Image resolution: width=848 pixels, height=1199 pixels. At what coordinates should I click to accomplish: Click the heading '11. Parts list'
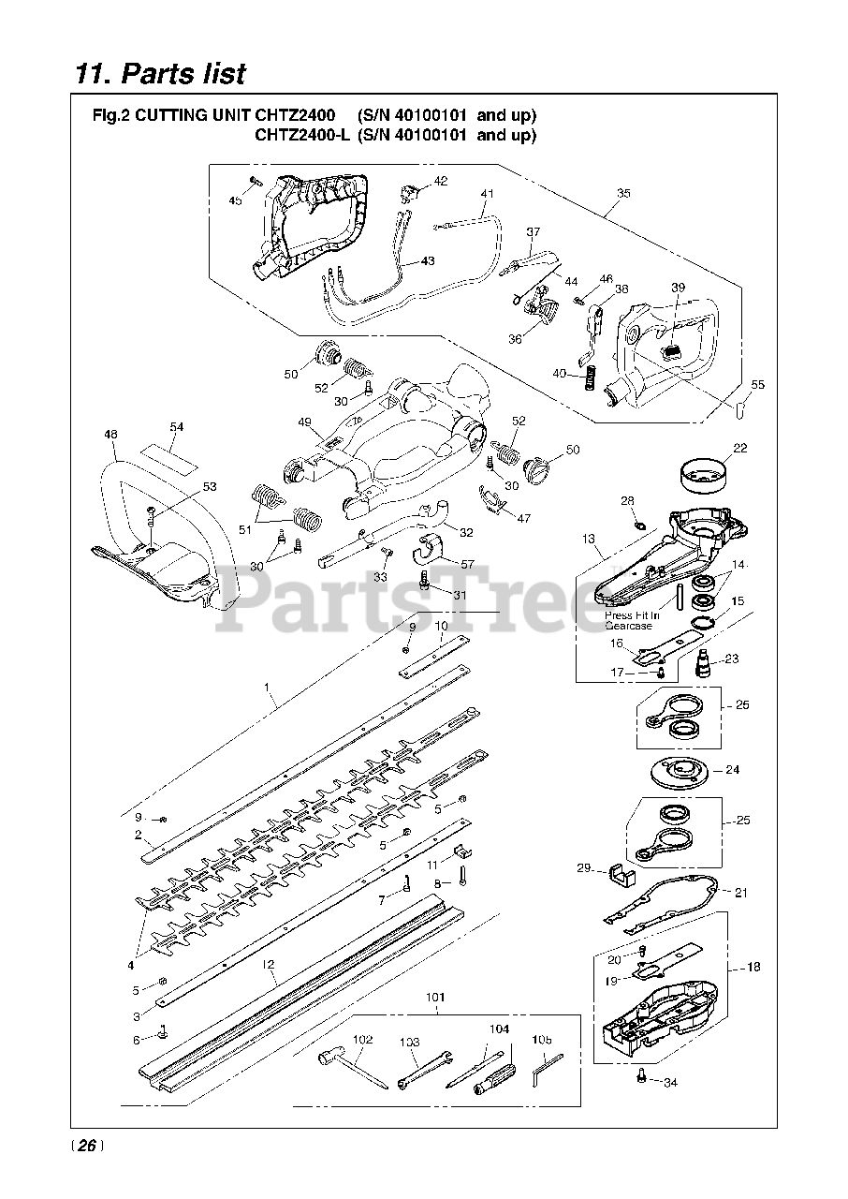click(x=160, y=73)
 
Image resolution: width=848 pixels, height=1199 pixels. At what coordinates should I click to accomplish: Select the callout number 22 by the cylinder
click(x=739, y=449)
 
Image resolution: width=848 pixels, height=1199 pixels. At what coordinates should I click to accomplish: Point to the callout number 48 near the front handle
click(x=110, y=434)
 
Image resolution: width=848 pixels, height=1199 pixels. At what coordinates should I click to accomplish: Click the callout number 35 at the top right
click(x=623, y=193)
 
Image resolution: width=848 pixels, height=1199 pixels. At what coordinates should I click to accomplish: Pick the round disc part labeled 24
click(x=680, y=771)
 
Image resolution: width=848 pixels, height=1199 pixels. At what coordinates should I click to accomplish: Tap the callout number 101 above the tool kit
click(x=436, y=998)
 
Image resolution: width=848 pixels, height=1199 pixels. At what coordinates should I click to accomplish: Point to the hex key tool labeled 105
click(x=548, y=1066)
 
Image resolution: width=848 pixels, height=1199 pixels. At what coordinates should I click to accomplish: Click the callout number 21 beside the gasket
click(x=740, y=893)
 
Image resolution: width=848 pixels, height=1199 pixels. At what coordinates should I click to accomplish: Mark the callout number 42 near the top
click(x=440, y=181)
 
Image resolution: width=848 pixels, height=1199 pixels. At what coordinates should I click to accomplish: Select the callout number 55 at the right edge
click(x=757, y=384)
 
